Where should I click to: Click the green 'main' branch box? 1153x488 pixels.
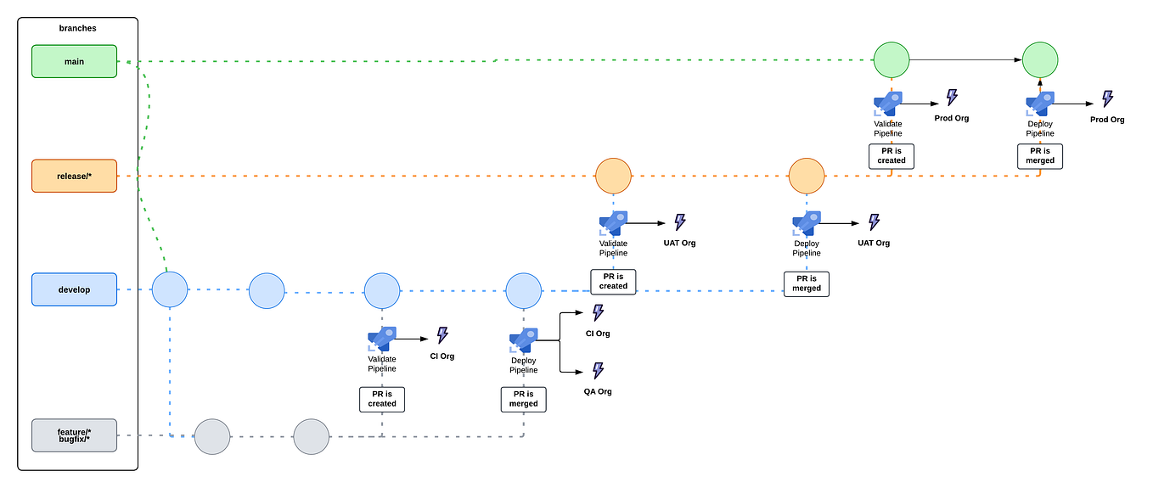pos(74,61)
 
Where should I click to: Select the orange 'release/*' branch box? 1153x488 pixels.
pos(74,176)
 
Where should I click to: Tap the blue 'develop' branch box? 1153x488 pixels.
pos(74,289)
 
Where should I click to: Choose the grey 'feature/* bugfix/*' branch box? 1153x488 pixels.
pos(74,435)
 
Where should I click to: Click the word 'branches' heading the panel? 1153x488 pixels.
pos(77,28)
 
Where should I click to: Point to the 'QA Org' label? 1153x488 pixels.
pos(598,391)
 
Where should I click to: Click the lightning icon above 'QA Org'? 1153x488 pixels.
pos(598,370)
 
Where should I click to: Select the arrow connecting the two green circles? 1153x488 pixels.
pos(965,60)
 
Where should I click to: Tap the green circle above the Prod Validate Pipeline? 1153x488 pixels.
pos(891,60)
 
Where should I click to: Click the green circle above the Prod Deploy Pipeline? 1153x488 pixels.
pos(1040,60)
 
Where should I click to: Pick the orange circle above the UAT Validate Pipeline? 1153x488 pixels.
pos(613,176)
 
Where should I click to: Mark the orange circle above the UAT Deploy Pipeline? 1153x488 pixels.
pos(807,176)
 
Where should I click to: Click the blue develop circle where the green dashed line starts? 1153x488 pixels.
pos(169,289)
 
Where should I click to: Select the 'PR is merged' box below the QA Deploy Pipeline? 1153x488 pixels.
pos(524,399)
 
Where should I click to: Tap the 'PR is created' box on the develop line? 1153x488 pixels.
pos(613,281)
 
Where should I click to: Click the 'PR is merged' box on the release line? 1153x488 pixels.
pos(807,283)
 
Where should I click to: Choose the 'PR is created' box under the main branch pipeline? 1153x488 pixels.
pos(891,155)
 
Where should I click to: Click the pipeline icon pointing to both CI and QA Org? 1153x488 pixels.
pos(524,339)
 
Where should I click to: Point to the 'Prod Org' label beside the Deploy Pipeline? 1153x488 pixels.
pos(1107,120)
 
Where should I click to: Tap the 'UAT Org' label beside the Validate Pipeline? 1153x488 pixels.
pos(679,243)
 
